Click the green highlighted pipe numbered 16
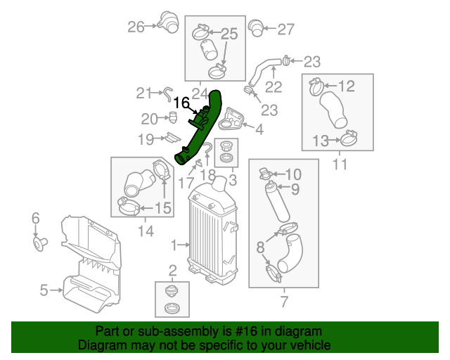pyautogui.click(x=201, y=130)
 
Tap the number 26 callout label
pyautogui.click(x=136, y=27)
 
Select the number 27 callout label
pyautogui.click(x=285, y=29)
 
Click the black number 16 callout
pyautogui.click(x=181, y=103)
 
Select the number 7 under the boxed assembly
pyautogui.click(x=283, y=302)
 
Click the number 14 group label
pyautogui.click(x=146, y=229)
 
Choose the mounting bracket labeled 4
pyautogui.click(x=231, y=121)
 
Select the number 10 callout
pyautogui.click(x=292, y=174)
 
